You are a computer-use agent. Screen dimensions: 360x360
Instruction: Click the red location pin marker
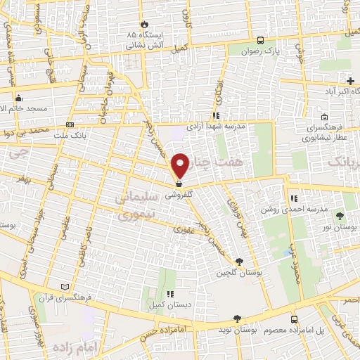tap(181, 165)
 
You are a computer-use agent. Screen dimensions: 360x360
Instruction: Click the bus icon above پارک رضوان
tap(261, 40)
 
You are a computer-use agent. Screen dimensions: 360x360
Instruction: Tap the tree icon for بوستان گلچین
tap(239, 262)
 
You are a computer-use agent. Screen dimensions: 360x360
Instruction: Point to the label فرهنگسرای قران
tap(88, 297)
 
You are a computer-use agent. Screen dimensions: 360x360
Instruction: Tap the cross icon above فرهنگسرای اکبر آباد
tap(350, 82)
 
